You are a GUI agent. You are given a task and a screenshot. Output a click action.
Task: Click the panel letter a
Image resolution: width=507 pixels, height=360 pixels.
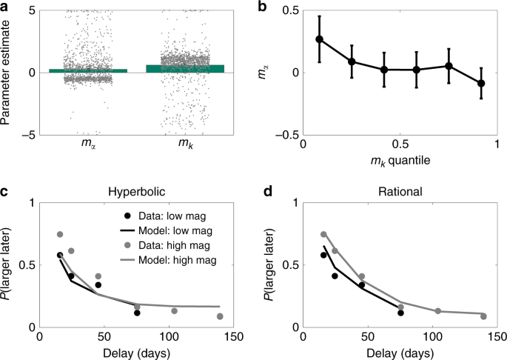(6, 6)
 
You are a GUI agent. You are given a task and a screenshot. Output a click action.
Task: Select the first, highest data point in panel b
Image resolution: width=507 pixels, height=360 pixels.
(320, 39)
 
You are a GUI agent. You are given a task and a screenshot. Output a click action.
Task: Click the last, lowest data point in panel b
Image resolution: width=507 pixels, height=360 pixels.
(481, 83)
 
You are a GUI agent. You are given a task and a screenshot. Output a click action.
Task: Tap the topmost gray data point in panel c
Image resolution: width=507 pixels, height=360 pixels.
(60, 234)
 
